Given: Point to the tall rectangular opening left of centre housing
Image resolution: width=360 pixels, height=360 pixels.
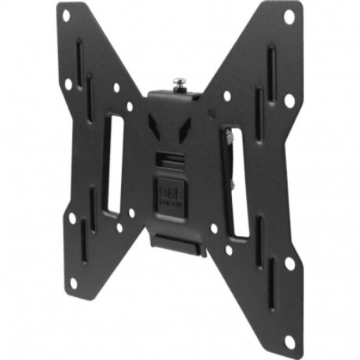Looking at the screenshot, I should coord(114,163).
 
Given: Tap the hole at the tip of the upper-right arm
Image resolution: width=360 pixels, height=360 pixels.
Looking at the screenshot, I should coord(288,17).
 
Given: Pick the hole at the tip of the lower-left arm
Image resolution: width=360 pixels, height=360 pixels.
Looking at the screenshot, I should coord(73,282).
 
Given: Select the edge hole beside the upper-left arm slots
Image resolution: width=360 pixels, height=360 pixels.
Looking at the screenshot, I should coord(69,83).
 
